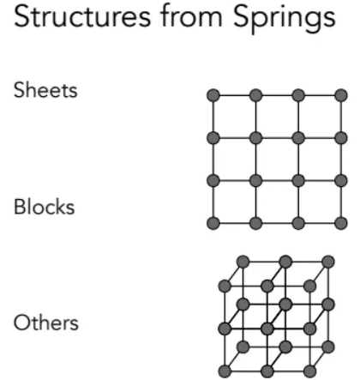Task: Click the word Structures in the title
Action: coord(82,17)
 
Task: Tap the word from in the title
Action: coord(191,16)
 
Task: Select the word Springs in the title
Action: coord(285,20)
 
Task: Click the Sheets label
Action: coord(45,90)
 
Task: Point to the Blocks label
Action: coord(45,207)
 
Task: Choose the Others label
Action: coord(46,323)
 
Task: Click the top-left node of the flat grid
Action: coord(213,95)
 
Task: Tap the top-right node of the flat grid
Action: coord(341,95)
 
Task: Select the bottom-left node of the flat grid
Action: coord(213,223)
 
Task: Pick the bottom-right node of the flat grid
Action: coord(341,223)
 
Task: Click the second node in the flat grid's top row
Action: coord(255,95)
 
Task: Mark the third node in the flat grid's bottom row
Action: coord(298,223)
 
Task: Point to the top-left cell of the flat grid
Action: coord(234,117)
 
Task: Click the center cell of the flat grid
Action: coord(277,160)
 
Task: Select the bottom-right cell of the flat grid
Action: coord(320,202)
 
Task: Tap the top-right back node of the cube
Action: coord(328,262)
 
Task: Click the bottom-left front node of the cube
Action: coord(225,371)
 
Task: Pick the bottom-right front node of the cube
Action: coord(309,371)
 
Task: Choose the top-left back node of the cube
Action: coord(243,262)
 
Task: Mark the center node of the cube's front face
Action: coord(267,329)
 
